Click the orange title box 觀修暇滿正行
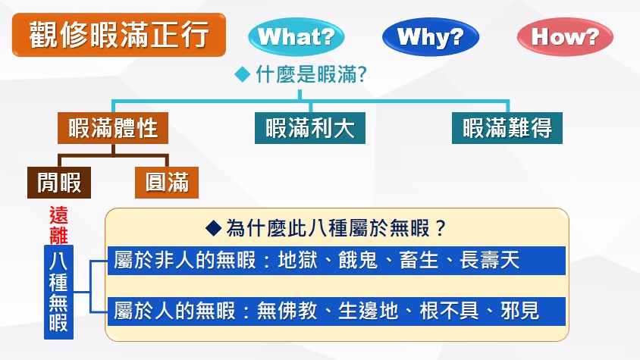pyautogui.click(x=118, y=34)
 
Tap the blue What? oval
pyautogui.click(x=296, y=36)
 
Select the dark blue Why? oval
pyautogui.click(x=430, y=36)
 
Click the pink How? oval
pyautogui.click(x=565, y=36)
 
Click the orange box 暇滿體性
pyautogui.click(x=113, y=128)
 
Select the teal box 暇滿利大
pyautogui.click(x=309, y=128)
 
